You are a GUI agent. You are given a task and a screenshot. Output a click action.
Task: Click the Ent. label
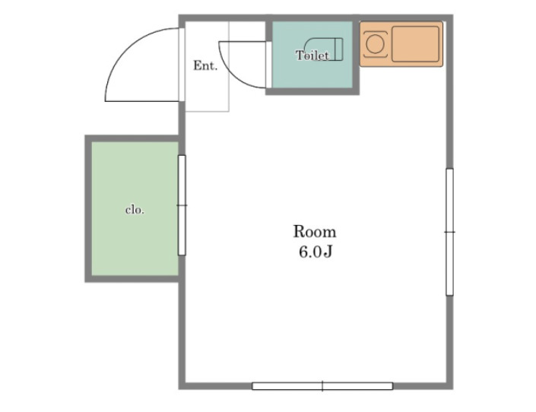pyautogui.click(x=205, y=65)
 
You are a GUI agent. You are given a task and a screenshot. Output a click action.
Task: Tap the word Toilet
pyautogui.click(x=312, y=55)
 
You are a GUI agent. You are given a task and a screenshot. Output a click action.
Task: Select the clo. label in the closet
pyautogui.click(x=135, y=210)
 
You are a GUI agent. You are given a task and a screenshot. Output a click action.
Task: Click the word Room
pyautogui.click(x=315, y=232)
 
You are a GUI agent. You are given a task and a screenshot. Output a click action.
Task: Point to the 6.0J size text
pyautogui.click(x=316, y=252)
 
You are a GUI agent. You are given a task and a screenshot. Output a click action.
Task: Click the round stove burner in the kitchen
pyautogui.click(x=375, y=44)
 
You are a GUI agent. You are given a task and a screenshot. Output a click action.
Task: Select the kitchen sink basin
pyautogui.click(x=415, y=44)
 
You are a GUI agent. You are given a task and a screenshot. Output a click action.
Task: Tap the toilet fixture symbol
pyautogui.click(x=323, y=49)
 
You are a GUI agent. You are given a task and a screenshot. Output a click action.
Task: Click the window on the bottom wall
pyautogui.click(x=322, y=386)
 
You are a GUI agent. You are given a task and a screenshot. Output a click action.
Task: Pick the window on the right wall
pyautogui.click(x=450, y=232)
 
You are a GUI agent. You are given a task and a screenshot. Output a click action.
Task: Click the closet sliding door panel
pyautogui.click(x=182, y=205)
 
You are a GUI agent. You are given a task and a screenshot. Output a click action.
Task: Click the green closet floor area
pyautogui.click(x=135, y=208)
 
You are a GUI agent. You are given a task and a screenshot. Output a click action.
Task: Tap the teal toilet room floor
pyautogui.click(x=312, y=55)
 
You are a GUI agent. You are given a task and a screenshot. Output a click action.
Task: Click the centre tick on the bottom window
pyautogui.click(x=322, y=386)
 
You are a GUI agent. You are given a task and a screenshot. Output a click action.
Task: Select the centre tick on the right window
pyautogui.click(x=450, y=232)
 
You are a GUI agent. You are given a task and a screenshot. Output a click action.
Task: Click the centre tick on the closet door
pyautogui.click(x=182, y=205)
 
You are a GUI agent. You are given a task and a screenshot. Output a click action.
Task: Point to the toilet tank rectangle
pyautogui.click(x=338, y=49)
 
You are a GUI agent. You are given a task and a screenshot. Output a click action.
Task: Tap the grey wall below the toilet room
pyautogui.click(x=312, y=92)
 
